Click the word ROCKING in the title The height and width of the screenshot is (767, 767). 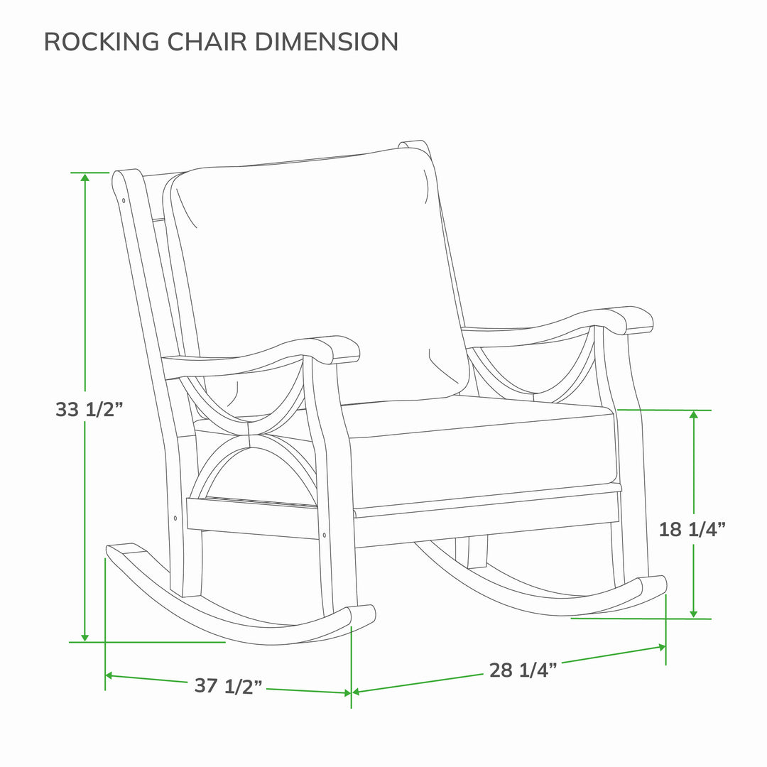point(102,41)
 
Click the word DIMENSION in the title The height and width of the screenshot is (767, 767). point(326,41)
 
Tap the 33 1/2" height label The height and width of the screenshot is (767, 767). point(89,410)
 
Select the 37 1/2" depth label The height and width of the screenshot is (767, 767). point(229,686)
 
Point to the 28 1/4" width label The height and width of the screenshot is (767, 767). point(523,670)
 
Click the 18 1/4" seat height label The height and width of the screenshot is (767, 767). point(692,529)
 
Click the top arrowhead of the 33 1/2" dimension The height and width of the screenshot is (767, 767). point(85,178)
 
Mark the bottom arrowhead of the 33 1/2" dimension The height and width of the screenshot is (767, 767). point(85,637)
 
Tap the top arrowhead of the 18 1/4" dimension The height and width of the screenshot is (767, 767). point(694,415)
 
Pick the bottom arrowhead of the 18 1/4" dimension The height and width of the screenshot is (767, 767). point(694,614)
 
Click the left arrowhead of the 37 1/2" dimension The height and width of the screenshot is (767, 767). point(110,675)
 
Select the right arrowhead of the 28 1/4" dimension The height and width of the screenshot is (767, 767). point(661,647)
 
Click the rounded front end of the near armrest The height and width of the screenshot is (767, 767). point(344,349)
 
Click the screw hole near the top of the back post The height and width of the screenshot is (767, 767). point(124,200)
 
